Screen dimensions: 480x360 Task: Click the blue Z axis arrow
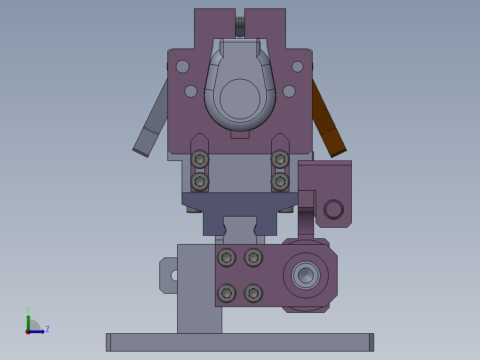point(37,331)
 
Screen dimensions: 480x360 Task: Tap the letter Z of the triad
point(48,329)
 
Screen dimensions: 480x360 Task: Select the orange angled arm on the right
point(329,119)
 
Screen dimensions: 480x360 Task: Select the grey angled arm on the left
point(151,119)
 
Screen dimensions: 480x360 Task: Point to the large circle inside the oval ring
point(240,99)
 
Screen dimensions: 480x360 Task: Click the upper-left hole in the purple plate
point(183,66)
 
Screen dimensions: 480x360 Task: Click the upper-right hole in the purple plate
point(297,66)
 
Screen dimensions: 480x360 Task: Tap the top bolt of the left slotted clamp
point(200,160)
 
